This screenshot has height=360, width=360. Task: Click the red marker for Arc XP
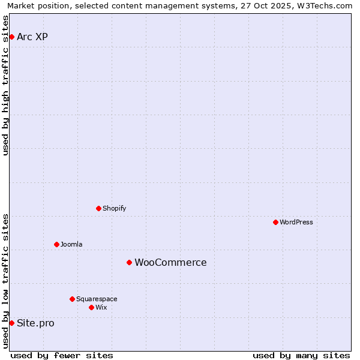(11, 37)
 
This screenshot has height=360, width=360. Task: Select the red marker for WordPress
(275, 222)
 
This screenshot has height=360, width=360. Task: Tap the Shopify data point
(98, 208)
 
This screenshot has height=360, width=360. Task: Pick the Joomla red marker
(56, 244)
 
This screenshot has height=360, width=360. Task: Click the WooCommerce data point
(129, 262)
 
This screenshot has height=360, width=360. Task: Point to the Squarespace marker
(72, 299)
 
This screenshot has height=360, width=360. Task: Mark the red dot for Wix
(91, 307)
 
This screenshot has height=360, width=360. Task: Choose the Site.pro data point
(11, 323)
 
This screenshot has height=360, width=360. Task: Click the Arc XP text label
(32, 37)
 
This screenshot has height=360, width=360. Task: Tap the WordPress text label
(296, 222)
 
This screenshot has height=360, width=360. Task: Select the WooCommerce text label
(170, 262)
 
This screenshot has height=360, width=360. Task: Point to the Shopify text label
(114, 208)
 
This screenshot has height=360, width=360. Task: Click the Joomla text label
(71, 244)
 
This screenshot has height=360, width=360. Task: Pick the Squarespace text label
(97, 299)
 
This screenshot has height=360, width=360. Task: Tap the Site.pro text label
(35, 323)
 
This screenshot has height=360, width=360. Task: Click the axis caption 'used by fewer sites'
(62, 355)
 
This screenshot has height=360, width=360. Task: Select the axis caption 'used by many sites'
(301, 355)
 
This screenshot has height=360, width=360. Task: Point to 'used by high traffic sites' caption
(6, 85)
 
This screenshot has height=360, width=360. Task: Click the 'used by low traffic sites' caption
(6, 281)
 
